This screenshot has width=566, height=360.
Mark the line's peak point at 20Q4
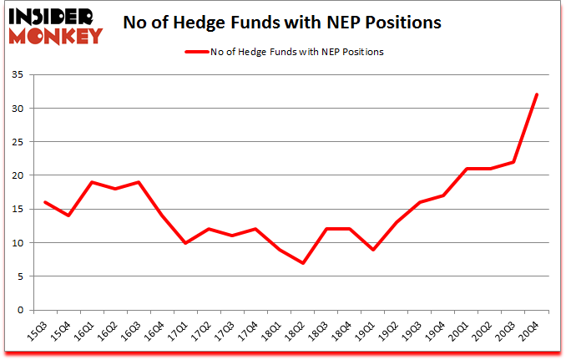tap(536, 95)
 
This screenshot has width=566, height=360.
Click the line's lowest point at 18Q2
tap(302, 263)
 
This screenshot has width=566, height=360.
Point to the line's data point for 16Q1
tap(91, 182)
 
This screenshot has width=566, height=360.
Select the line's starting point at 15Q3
tap(44, 202)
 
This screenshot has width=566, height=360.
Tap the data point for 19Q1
tap(372, 250)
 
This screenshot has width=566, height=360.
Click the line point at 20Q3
tap(513, 162)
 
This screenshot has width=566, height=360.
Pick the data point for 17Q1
tap(184, 243)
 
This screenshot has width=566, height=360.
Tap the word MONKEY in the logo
tap(57, 35)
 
